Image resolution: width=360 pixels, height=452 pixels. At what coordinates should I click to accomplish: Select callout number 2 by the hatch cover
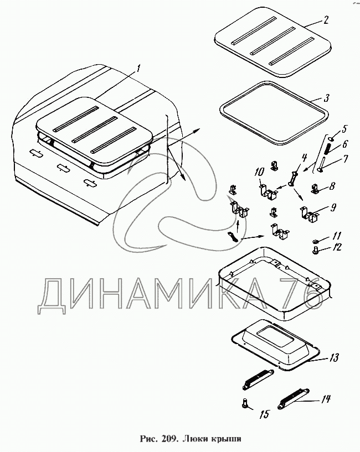pos(325,20)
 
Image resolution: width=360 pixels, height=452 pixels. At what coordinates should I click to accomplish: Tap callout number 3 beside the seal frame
pos(326,98)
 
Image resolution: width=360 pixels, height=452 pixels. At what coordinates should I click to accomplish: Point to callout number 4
pos(304,158)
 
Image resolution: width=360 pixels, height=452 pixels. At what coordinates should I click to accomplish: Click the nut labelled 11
pos(316,241)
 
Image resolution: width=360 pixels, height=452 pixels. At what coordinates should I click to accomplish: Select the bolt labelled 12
pos(316,250)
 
